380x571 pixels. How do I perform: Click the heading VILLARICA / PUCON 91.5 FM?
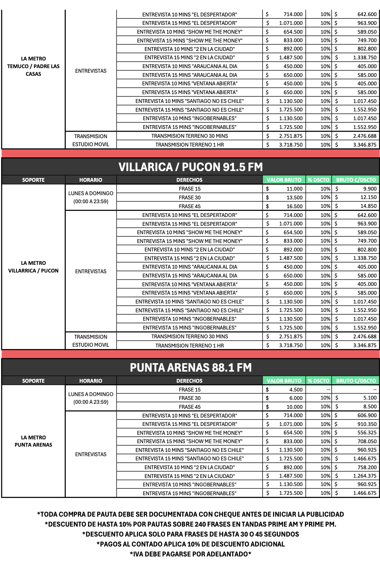click(190, 167)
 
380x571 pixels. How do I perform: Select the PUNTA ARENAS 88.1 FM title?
click(190, 368)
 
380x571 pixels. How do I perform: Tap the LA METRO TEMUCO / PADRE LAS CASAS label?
click(33, 66)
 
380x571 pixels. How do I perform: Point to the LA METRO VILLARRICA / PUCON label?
click(33, 267)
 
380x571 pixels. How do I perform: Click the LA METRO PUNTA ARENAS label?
click(33, 441)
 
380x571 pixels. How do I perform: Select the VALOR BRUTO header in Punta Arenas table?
click(284, 381)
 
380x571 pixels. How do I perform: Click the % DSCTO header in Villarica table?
click(318, 180)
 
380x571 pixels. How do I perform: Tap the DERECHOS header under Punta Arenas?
click(189, 381)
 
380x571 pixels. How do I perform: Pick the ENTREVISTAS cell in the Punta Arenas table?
click(91, 454)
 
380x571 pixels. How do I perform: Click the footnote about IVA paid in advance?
click(190, 554)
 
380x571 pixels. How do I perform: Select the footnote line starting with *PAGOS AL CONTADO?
click(190, 544)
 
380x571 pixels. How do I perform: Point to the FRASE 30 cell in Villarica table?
click(189, 197)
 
